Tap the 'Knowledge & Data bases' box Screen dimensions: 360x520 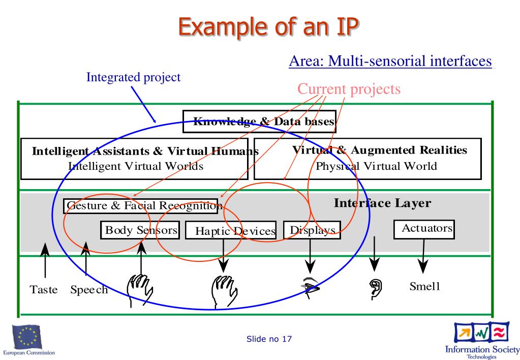coord(259,122)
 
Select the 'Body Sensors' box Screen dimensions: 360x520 coord(140,230)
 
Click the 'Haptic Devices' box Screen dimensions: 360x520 coord(231,231)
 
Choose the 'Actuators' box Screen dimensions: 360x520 coord(424,229)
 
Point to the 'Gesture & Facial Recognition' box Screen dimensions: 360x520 coord(141,206)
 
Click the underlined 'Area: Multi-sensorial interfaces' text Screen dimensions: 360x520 coord(390,61)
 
